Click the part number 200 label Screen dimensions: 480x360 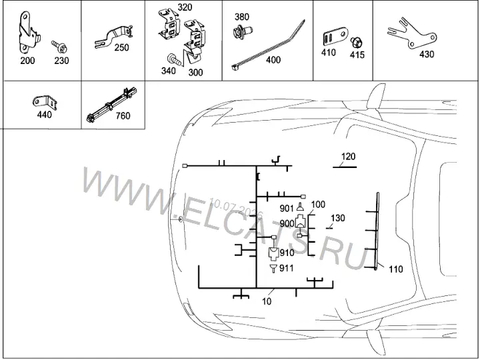(x=27, y=61)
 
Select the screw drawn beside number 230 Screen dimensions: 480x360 (x=59, y=47)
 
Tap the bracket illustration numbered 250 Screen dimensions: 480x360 (x=113, y=36)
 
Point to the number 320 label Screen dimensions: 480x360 (x=185, y=7)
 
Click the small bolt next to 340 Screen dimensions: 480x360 (x=174, y=59)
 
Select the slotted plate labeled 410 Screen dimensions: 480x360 (x=337, y=37)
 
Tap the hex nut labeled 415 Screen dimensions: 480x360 (x=357, y=42)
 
